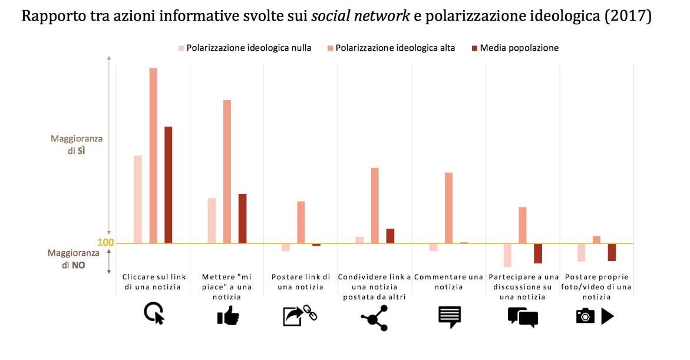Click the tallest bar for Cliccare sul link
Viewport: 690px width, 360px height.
(x=153, y=156)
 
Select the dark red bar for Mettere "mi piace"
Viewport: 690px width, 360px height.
(x=242, y=218)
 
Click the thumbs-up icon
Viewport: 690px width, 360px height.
(x=227, y=317)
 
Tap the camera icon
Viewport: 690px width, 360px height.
(x=585, y=317)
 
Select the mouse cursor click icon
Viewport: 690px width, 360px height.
(x=154, y=313)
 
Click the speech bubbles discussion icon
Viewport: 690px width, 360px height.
(x=522, y=317)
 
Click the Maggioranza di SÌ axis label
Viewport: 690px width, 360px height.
(x=77, y=144)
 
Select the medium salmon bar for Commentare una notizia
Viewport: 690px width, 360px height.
(x=449, y=207)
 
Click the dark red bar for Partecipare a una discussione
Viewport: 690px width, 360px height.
(x=537, y=253)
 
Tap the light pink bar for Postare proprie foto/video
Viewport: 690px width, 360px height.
(x=581, y=252)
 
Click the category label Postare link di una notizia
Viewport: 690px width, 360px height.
(x=301, y=282)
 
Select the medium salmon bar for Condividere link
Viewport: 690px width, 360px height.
(x=375, y=205)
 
